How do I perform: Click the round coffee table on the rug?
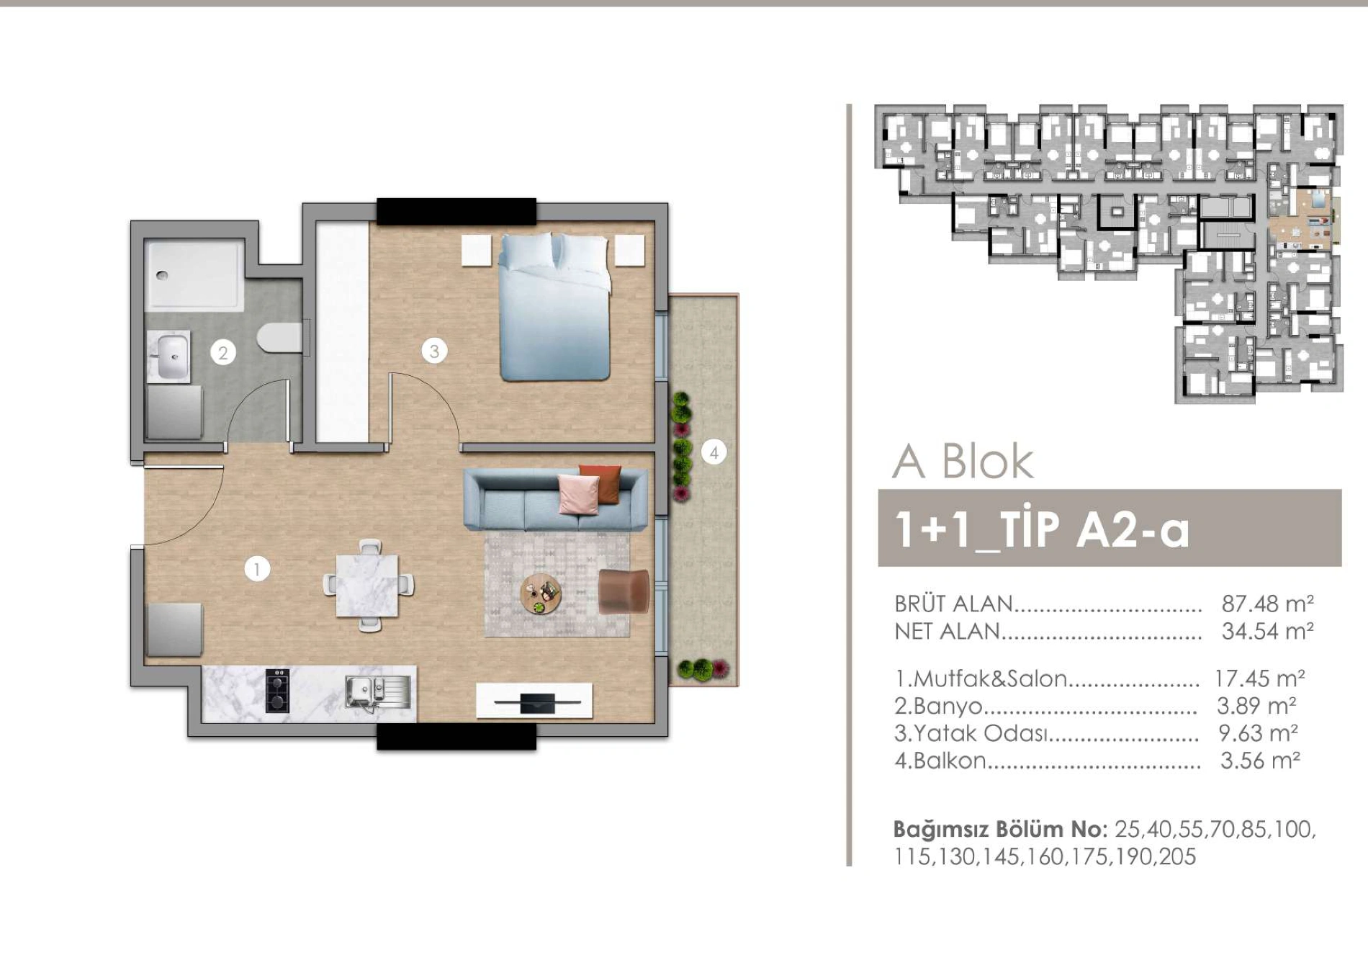coord(541,593)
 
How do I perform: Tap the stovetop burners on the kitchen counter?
coord(278,690)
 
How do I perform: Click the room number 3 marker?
coord(434,351)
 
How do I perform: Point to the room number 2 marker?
coord(223,353)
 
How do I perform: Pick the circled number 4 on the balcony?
coord(714,453)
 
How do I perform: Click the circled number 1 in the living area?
coord(257,569)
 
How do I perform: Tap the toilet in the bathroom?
coord(281,338)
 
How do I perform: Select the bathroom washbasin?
coord(170,355)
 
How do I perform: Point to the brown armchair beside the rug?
coord(624,591)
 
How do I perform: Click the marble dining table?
coord(367,586)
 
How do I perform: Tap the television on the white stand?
coord(535,702)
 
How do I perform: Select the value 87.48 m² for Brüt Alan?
coord(1267,603)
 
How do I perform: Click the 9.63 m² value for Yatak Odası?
coord(1258,733)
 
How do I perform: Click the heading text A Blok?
coord(963,461)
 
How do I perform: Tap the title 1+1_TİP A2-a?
coord(1041,529)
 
